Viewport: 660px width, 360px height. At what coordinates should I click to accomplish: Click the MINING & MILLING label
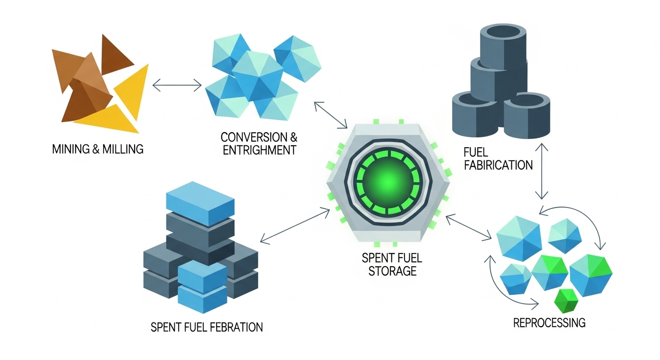coord(98,150)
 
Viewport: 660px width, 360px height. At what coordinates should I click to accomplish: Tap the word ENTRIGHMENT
coord(259,150)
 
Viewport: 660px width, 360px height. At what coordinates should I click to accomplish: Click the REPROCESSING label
coord(549,322)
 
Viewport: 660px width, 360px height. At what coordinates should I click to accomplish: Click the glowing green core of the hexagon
coord(386,179)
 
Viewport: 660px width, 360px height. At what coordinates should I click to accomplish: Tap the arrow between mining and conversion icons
coord(177,85)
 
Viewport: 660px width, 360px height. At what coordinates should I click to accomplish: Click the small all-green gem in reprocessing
coord(565,300)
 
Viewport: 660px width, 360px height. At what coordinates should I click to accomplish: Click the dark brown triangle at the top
coord(116,55)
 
